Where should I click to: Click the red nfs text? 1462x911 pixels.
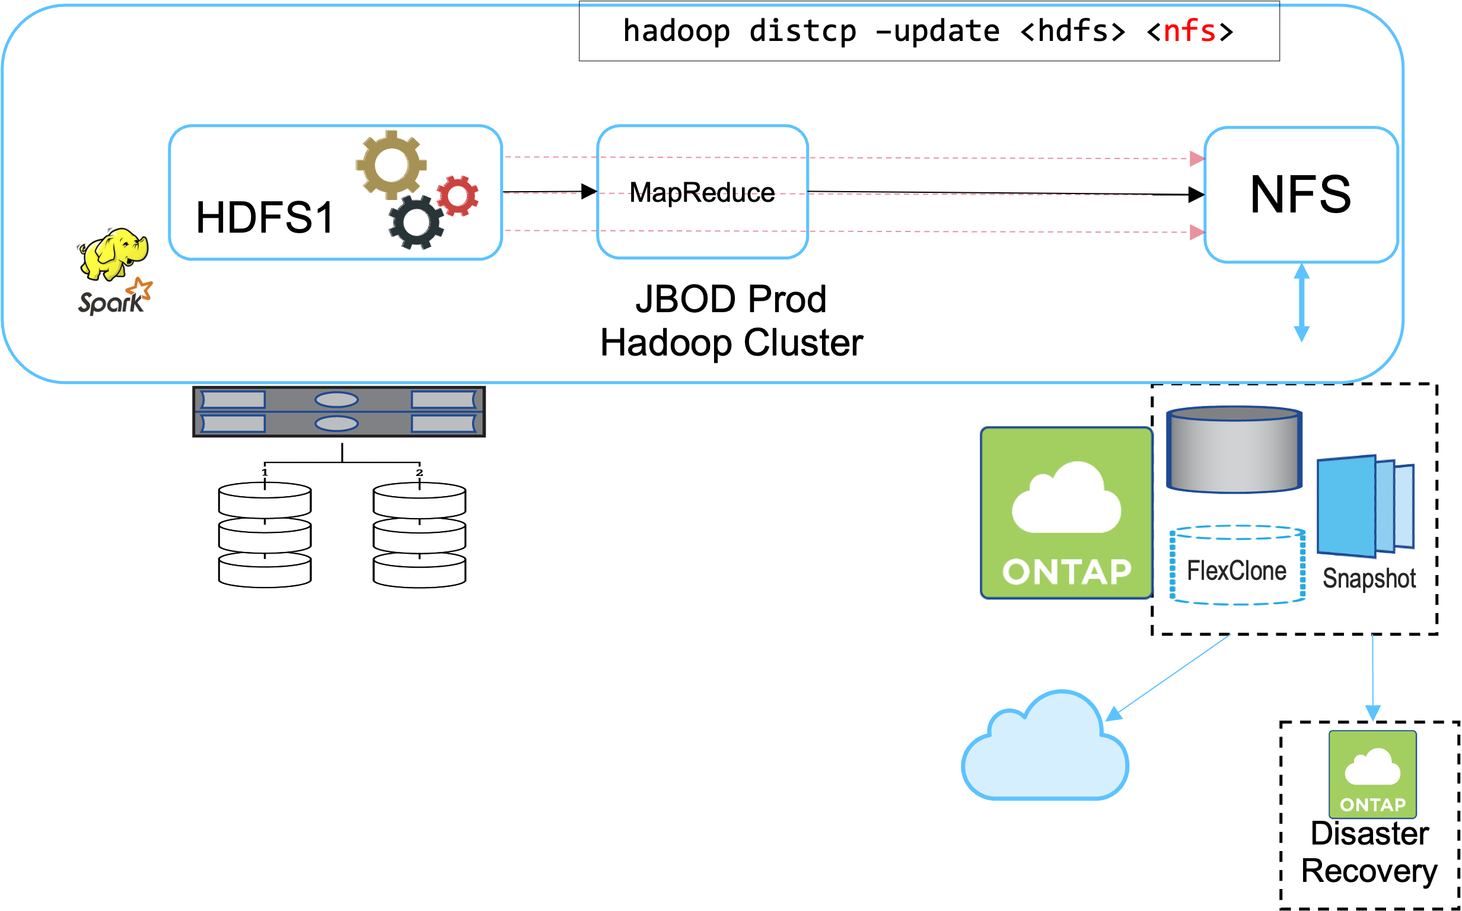click(x=1189, y=31)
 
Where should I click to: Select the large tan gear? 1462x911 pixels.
click(x=391, y=164)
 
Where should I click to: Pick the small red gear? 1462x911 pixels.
click(x=458, y=195)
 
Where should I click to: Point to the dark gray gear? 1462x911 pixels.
click(x=416, y=222)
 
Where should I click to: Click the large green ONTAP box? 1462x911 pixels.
click(x=1066, y=513)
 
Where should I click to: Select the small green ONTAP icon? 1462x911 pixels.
click(x=1372, y=774)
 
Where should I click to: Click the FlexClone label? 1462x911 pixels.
click(x=1237, y=570)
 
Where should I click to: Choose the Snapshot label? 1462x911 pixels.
click(x=1369, y=578)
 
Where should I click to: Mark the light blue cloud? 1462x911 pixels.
click(x=1044, y=750)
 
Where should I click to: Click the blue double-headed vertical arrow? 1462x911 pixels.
click(x=1302, y=303)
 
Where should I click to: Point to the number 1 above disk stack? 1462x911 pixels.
click(x=265, y=472)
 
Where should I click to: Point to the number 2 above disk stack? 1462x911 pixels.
click(x=419, y=472)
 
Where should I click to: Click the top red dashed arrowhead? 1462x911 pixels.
click(x=1196, y=158)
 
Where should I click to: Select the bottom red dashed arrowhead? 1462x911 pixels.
click(x=1196, y=232)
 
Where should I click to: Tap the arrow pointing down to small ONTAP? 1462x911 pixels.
click(x=1372, y=678)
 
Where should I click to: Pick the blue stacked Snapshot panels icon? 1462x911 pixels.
click(x=1366, y=506)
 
